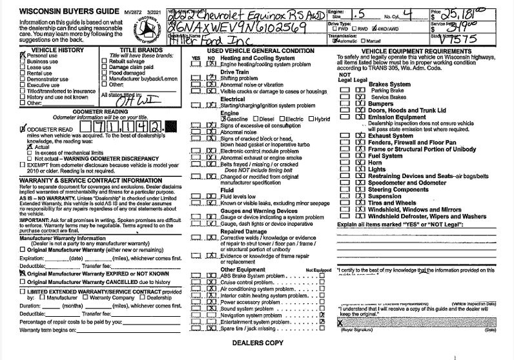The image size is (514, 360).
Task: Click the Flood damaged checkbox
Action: [x=105, y=72]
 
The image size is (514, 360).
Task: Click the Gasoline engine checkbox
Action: [x=223, y=119]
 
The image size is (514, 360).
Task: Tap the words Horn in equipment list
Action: [x=376, y=163]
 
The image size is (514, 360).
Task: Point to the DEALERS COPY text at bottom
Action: [x=257, y=342]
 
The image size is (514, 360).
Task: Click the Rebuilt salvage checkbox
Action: [x=105, y=61]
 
